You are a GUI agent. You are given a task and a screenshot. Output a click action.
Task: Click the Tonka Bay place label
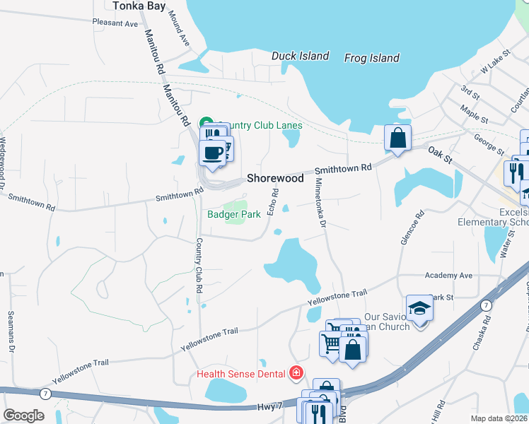coord(139,6)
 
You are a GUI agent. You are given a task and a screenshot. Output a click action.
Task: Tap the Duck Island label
coord(301,56)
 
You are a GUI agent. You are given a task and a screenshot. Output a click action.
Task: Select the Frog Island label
coord(372,58)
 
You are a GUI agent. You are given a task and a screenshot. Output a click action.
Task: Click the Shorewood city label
coord(275,179)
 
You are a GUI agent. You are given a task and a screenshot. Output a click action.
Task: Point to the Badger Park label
coord(229,215)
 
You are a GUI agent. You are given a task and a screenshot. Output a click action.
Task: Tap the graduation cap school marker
coord(419,307)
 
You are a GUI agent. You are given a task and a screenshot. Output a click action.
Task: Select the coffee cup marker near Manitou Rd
coord(213,151)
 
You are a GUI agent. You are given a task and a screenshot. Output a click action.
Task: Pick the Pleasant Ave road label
coord(115,23)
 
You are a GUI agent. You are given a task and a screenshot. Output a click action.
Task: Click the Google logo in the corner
coord(23,416)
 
